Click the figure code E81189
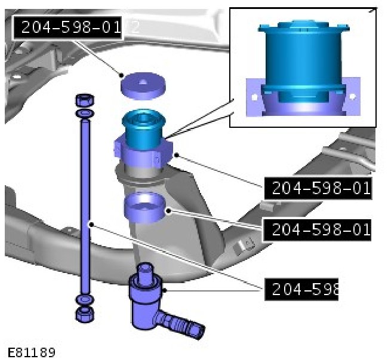32,352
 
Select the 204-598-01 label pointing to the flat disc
67,27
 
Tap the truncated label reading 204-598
301,289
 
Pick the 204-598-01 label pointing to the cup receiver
318,230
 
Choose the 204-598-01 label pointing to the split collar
318,188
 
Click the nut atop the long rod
85,100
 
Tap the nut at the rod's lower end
85,314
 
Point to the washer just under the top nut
85,113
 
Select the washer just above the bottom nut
85,300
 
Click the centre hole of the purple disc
142,82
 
